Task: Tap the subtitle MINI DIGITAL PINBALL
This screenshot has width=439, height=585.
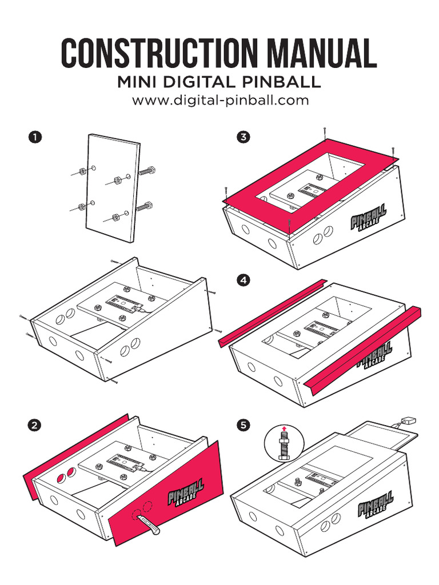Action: [219, 82]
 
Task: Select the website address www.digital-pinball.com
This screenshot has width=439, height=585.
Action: [220, 101]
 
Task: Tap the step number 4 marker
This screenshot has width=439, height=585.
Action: [244, 281]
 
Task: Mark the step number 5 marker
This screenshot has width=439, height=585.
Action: [244, 425]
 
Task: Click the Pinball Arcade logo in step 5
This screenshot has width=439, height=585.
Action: [376, 503]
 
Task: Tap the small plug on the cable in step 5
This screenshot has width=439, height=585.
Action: [407, 420]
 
